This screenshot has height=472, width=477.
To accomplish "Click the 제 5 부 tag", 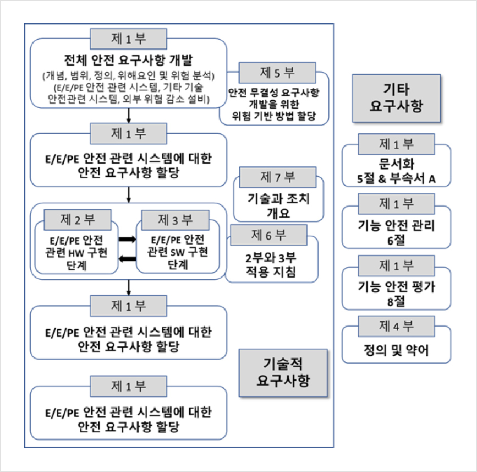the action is coord(277,73).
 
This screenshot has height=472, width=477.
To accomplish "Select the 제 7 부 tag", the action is coord(278,177).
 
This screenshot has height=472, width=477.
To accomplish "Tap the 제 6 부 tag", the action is coord(268,235).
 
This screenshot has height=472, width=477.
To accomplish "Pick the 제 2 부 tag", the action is coord(78,220).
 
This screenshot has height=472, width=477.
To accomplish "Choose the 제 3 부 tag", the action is coord(175,220).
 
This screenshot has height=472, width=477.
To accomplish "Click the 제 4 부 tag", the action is coord(396,326).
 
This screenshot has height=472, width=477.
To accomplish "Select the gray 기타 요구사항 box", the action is coord(396,98).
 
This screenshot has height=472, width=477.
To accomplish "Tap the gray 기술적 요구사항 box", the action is coord(283,373).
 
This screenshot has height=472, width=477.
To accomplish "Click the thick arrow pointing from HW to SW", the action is coord(127,240).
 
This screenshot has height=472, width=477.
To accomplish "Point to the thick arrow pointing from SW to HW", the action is coord(127,259).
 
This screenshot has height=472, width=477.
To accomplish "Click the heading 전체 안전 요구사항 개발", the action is coord(128,59).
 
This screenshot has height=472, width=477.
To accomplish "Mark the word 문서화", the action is coord(396,164).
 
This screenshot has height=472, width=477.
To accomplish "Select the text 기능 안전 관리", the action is coord(396,226).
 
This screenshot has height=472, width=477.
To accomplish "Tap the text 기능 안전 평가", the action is coord(396,287).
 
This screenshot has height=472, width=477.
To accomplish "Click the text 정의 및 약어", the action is coord(396,350).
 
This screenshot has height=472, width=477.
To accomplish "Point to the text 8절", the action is coord(396,301).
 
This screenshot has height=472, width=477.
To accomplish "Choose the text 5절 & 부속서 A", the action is coord(396,179).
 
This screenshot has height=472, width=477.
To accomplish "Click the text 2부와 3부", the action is coord(271,258).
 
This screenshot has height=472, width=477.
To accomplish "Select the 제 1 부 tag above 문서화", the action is coord(396,144).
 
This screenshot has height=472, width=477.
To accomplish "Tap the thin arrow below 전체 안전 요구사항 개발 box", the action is coord(129,116).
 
